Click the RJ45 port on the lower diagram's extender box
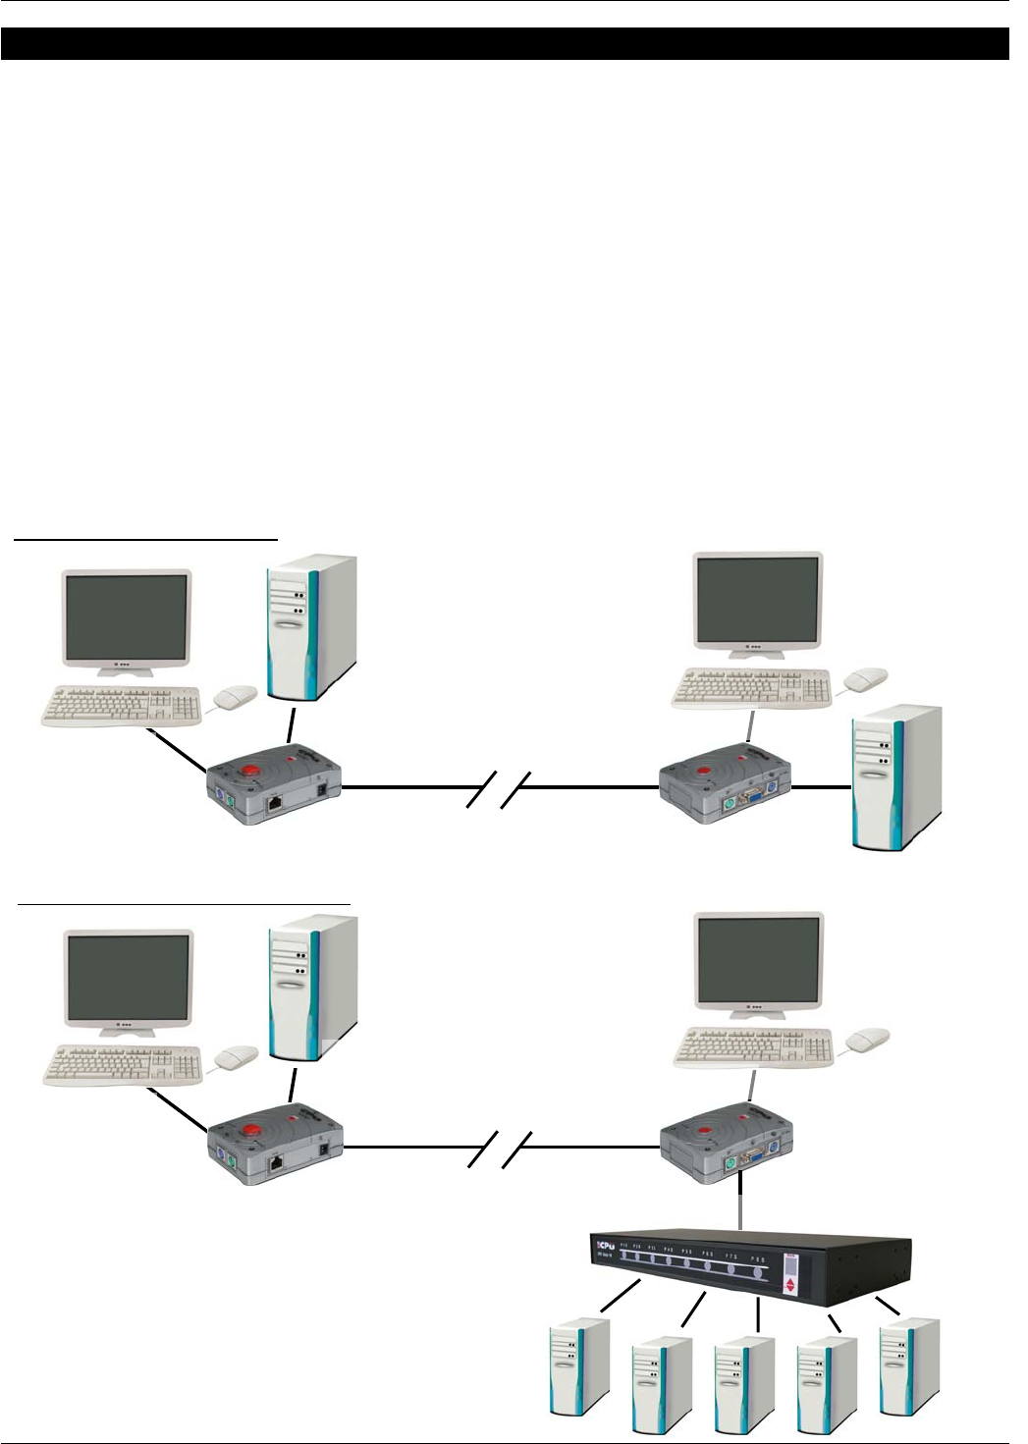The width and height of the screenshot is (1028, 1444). [277, 1165]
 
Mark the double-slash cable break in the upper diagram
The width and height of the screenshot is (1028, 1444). [498, 790]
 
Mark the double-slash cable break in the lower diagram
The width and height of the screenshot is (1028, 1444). [498, 1150]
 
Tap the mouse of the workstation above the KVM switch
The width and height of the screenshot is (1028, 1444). [868, 1039]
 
